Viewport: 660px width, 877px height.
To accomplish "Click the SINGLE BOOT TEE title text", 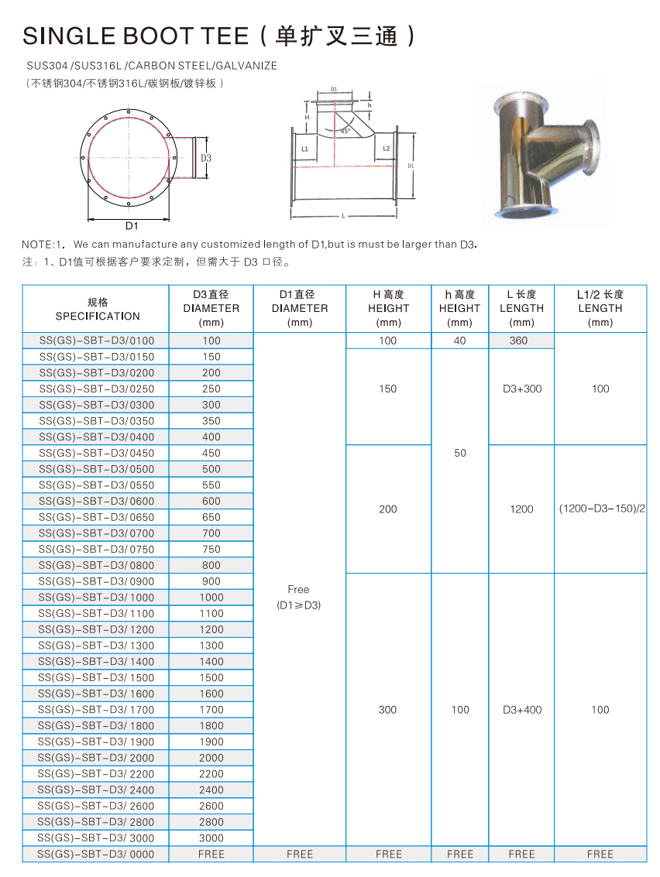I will pyautogui.click(x=136, y=36).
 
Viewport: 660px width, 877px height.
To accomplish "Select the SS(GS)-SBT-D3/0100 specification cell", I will pyautogui.click(x=96, y=341).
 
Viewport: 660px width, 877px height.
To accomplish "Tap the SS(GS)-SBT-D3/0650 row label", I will pyautogui.click(x=96, y=517).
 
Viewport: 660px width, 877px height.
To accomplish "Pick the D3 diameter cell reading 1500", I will pyautogui.click(x=211, y=677).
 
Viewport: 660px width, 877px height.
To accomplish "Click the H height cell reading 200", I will pyautogui.click(x=387, y=509).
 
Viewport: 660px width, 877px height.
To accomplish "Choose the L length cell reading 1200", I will pyautogui.click(x=521, y=509).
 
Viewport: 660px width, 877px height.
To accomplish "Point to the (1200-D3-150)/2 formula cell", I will pyautogui.click(x=600, y=509).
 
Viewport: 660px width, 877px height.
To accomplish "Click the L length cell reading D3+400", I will pyautogui.click(x=521, y=709).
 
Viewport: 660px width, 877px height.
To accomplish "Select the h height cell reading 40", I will pyautogui.click(x=459, y=341).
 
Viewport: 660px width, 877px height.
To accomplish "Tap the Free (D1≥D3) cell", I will pyautogui.click(x=299, y=597).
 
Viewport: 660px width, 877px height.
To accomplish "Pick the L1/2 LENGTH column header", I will pyautogui.click(x=600, y=308).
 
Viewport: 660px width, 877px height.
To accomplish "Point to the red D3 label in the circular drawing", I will pyautogui.click(x=205, y=158).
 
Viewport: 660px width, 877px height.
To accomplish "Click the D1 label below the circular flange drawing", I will pyautogui.click(x=132, y=226).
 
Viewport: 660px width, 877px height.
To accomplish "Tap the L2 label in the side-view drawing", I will pyautogui.click(x=385, y=148).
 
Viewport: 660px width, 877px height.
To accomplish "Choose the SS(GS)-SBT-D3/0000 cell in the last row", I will pyautogui.click(x=96, y=854).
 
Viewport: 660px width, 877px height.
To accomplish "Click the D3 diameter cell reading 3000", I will pyautogui.click(x=211, y=838).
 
